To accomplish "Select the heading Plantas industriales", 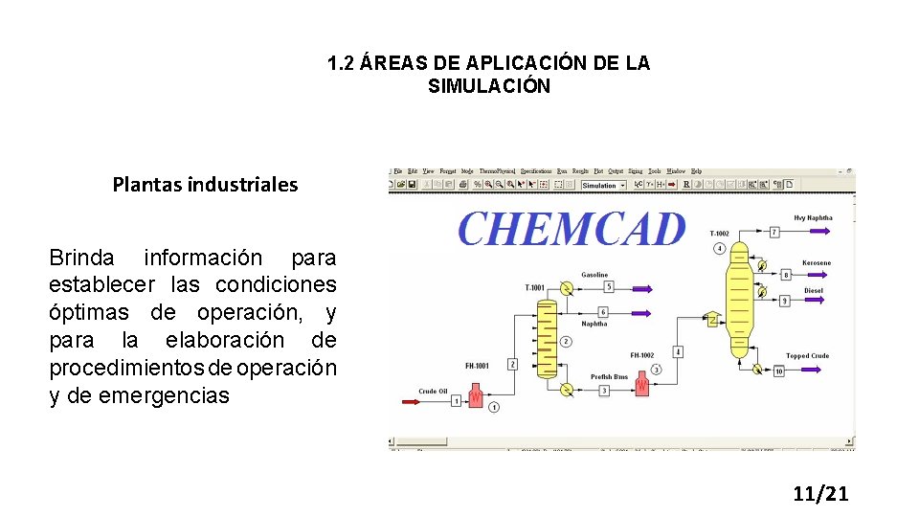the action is tap(205, 184).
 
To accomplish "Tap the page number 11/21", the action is tap(820, 494).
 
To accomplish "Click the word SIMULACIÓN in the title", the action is tap(489, 86).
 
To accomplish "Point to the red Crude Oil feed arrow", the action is tap(411, 401).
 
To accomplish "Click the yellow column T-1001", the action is tap(546, 337).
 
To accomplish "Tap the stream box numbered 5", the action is tap(609, 286).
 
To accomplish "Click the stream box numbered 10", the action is tap(778, 371).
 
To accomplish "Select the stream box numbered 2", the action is tap(512, 364).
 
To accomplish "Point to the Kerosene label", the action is tap(817, 262).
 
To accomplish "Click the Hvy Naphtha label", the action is tap(814, 217).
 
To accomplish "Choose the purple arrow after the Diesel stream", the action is tap(812, 301).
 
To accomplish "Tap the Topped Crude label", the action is tap(808, 356).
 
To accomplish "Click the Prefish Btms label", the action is tap(608, 376).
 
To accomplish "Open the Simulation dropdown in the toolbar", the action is tap(603, 185).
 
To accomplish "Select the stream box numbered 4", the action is tap(678, 351).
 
